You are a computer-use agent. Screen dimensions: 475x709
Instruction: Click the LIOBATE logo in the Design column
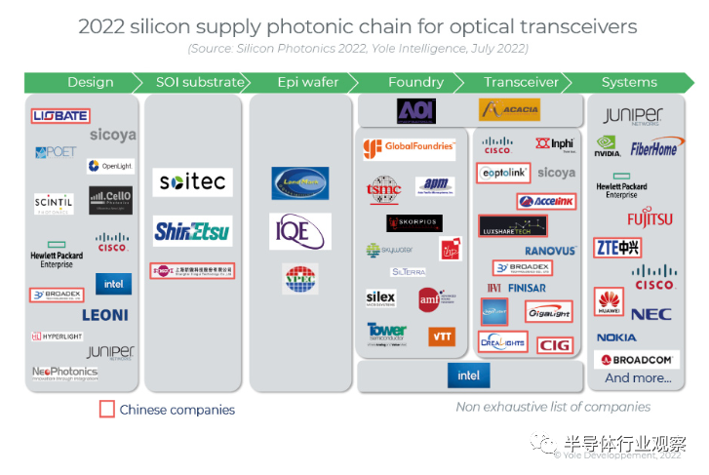click(x=60, y=116)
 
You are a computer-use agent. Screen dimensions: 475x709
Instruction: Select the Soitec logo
click(x=192, y=182)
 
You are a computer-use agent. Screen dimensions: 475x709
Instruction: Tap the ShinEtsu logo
click(x=192, y=231)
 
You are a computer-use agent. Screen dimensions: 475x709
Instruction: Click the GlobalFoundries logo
click(x=409, y=148)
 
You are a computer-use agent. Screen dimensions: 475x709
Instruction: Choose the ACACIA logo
click(x=509, y=110)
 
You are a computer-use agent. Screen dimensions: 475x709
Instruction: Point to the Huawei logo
click(x=610, y=301)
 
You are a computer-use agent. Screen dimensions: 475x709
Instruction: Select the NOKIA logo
click(x=616, y=337)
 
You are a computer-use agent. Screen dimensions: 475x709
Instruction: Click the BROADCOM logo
click(x=638, y=360)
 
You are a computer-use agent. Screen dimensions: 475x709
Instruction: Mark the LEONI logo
click(x=105, y=315)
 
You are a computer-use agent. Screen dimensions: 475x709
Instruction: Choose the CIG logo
click(x=553, y=344)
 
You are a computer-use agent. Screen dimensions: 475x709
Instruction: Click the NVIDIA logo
click(x=609, y=147)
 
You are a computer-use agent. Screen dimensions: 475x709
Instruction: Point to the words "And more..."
click(x=638, y=378)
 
